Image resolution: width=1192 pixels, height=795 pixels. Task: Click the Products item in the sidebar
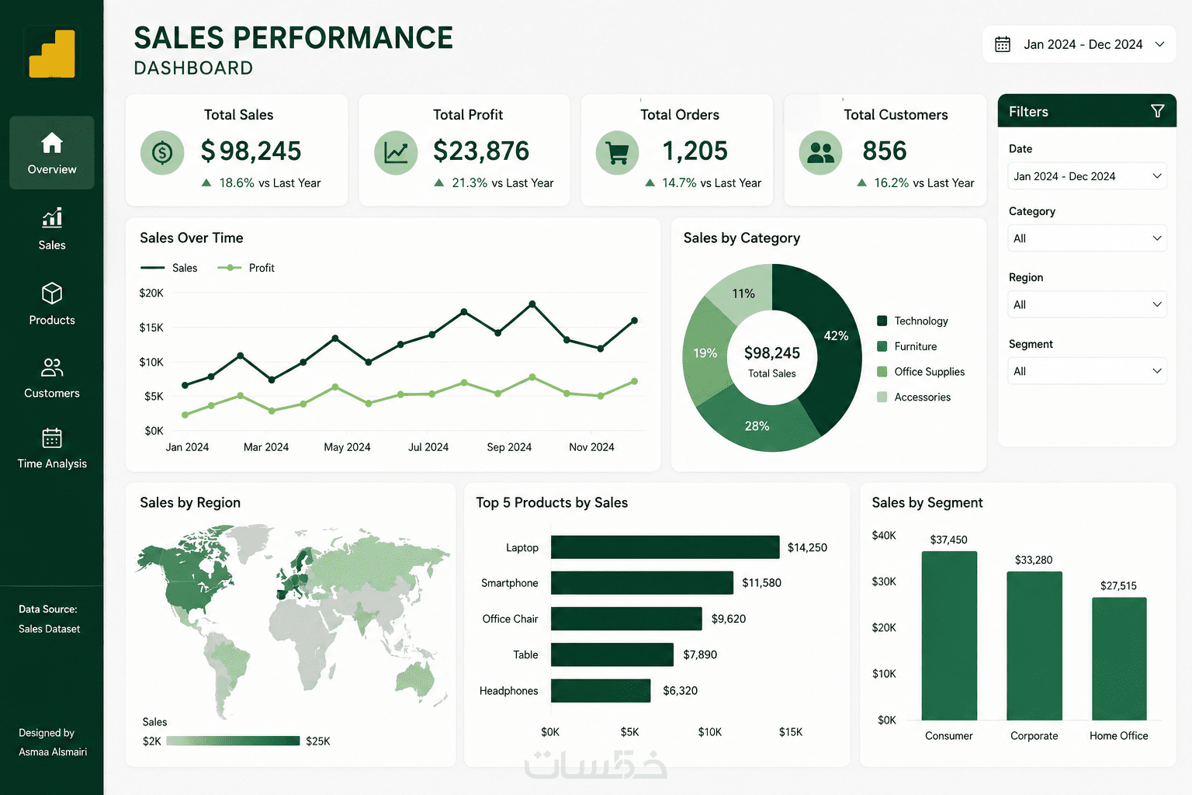tap(52, 304)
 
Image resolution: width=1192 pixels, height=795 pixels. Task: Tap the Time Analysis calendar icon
tap(52, 438)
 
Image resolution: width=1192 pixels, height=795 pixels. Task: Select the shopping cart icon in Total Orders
tap(617, 154)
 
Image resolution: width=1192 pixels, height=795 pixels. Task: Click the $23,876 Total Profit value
tap(481, 151)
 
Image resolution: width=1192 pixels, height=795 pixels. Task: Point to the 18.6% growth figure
tap(237, 182)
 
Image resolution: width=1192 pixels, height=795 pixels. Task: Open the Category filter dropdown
tap(1087, 238)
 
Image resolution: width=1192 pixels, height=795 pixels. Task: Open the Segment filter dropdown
tap(1087, 371)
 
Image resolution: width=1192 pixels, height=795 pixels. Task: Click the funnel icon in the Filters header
tap(1157, 111)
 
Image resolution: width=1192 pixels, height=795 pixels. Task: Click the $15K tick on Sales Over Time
tap(151, 328)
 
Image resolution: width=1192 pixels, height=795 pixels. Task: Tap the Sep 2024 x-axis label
tap(509, 447)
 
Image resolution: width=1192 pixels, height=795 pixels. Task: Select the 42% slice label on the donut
tap(836, 336)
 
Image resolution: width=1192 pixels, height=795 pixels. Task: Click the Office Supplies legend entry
tap(920, 372)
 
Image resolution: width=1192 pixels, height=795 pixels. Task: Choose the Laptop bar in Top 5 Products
tap(665, 547)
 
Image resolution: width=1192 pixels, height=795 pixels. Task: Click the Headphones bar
tap(601, 691)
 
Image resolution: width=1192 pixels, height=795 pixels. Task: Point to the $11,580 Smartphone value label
tap(761, 583)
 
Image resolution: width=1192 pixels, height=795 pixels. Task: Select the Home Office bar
tap(1119, 658)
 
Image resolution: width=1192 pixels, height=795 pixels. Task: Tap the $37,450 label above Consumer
tap(949, 540)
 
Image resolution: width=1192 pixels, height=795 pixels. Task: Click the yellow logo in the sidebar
tap(52, 54)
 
